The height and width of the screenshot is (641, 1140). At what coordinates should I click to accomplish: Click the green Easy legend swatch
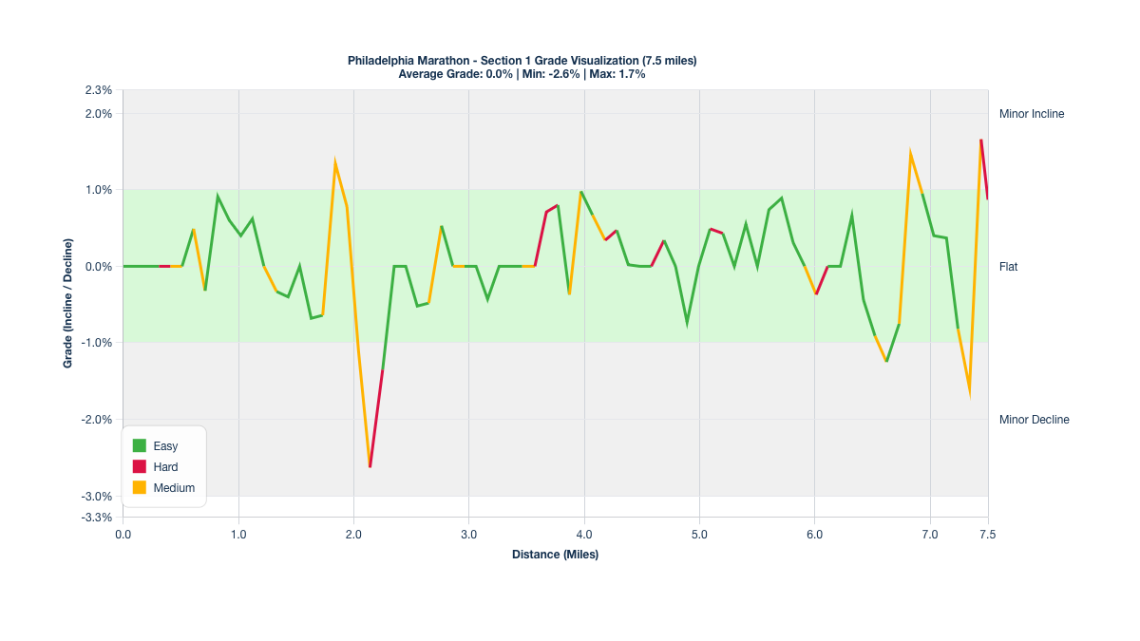pos(139,445)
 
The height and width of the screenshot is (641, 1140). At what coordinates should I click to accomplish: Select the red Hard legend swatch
pos(139,466)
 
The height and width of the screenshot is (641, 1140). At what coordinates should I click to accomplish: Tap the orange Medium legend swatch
pos(139,487)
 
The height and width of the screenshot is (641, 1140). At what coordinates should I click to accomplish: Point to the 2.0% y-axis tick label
pos(99,114)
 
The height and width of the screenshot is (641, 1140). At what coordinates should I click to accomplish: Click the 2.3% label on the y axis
pos(99,91)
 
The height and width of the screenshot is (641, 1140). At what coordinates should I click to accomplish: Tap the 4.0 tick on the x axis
pos(584,535)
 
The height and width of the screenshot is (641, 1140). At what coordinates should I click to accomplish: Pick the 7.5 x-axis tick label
pos(988,535)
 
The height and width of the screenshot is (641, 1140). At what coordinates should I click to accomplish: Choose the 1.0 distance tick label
pos(238,535)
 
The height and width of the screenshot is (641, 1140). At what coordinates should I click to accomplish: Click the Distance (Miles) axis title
pos(555,555)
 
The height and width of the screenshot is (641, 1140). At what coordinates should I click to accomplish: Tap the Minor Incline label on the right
pos(1032,114)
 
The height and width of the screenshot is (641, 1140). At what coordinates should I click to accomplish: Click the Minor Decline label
pos(1034,420)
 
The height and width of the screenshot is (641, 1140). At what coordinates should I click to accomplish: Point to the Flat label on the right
pos(1008,267)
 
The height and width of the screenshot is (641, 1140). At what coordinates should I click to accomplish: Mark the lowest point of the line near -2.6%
pos(370,466)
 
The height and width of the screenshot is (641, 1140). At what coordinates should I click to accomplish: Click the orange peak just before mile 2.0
pos(335,161)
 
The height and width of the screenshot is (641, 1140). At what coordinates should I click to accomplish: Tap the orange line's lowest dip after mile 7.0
pos(969,389)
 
